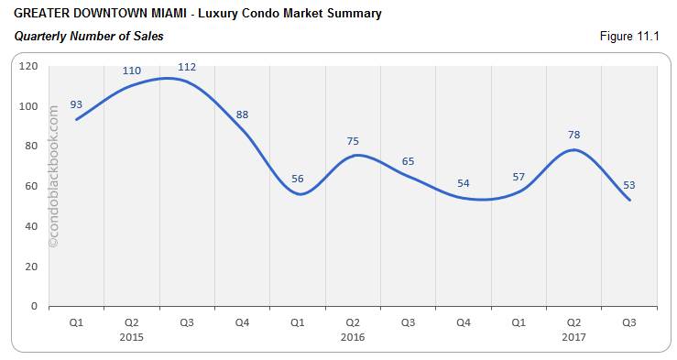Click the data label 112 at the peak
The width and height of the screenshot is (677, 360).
tap(187, 67)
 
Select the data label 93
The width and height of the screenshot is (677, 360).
tap(77, 104)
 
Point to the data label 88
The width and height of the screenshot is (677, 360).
tap(242, 115)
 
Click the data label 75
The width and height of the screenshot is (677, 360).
tap(353, 140)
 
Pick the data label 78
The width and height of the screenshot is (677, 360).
tap(573, 135)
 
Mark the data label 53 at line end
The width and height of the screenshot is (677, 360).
tap(628, 184)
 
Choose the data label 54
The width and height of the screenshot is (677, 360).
tap(464, 183)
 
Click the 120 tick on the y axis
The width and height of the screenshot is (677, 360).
tap(29, 66)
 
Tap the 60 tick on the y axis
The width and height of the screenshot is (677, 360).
tap(32, 186)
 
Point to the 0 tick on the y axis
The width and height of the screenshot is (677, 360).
tap(35, 306)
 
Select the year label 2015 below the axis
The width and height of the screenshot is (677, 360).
tap(131, 337)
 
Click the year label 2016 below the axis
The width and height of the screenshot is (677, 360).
tap(353, 337)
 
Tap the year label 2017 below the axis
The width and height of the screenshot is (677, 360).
tap(573, 337)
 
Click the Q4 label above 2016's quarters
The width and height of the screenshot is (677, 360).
tap(464, 322)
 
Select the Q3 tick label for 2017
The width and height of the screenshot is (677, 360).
tap(628, 322)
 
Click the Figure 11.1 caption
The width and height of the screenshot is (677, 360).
tap(630, 36)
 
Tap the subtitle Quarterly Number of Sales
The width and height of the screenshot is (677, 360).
tap(89, 36)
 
